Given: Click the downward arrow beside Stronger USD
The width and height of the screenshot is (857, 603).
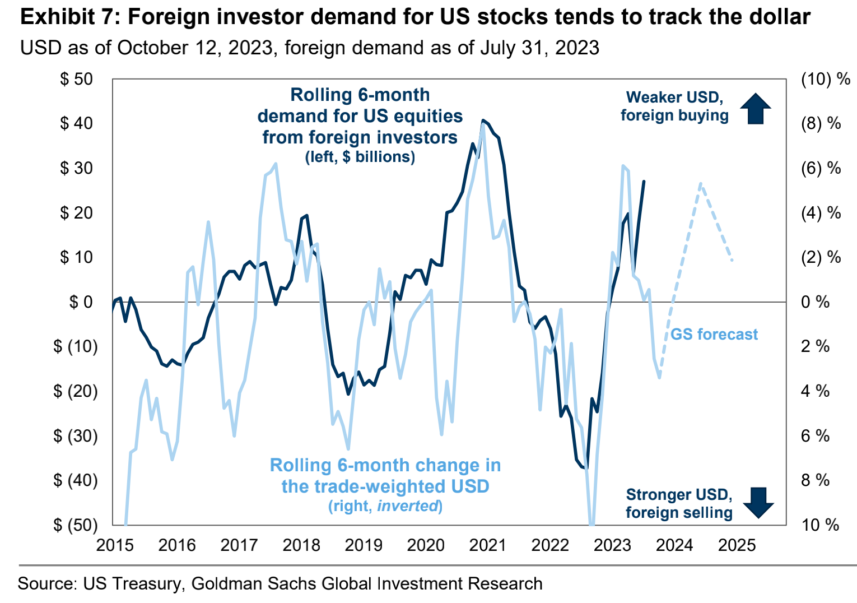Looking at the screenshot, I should (758, 503).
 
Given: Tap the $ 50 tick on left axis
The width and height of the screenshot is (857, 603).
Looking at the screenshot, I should (77, 79).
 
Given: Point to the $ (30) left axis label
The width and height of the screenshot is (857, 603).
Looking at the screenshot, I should (75, 436).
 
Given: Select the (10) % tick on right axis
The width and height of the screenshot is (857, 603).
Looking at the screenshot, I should (826, 79).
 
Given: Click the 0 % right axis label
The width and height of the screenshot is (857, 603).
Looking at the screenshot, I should (815, 302).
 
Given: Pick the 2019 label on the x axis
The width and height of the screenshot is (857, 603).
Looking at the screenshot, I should (364, 545).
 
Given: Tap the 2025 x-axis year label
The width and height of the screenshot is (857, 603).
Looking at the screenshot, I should (737, 545).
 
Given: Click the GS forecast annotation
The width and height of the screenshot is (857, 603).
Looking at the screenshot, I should (714, 335).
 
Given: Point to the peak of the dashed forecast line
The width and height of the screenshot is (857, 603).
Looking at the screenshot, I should (700, 183).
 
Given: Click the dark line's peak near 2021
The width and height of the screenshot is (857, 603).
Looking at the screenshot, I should (483, 120).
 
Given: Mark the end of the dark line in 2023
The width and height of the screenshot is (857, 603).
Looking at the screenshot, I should (644, 181).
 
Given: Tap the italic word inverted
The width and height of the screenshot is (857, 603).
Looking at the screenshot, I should (407, 506).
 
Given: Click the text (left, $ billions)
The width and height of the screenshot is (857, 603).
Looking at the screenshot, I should (360, 157).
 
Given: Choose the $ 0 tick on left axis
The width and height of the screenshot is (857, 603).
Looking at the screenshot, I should (81, 302).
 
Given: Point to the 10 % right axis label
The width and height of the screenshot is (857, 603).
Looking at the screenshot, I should (820, 525).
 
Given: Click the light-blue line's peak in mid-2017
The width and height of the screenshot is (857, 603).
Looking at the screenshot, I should (275, 164).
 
